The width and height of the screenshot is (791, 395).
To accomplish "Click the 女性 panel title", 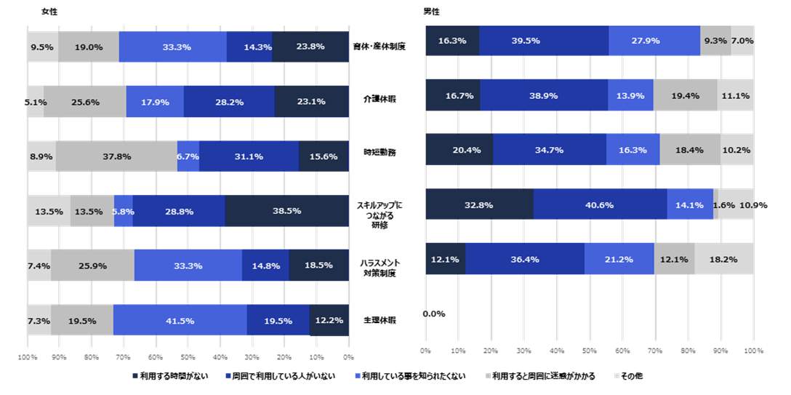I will click(x=49, y=12).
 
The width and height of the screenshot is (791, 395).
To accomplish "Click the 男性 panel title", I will click(x=431, y=12).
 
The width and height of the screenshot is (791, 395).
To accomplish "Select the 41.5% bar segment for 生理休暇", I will click(x=180, y=320).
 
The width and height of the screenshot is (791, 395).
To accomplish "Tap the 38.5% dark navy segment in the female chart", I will click(x=286, y=211).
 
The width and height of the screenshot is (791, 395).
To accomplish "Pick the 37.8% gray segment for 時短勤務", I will click(x=116, y=156).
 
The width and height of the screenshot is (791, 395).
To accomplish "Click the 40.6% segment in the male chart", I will click(x=600, y=205).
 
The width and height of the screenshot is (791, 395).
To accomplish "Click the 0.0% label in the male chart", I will click(x=433, y=314).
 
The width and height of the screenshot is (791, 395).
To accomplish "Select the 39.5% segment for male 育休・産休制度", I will click(x=543, y=41).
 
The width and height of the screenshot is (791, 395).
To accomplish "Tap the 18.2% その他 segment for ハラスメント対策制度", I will click(x=724, y=260).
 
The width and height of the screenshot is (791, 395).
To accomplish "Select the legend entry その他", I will click(x=629, y=376).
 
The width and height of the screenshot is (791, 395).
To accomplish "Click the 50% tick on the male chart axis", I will click(x=590, y=351).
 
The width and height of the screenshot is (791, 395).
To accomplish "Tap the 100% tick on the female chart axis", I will click(x=28, y=357).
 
